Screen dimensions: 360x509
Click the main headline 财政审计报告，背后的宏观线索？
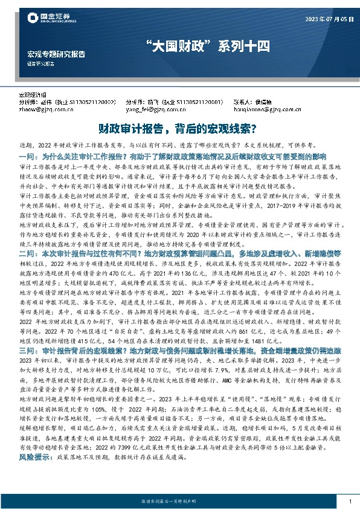(x=179, y=129)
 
